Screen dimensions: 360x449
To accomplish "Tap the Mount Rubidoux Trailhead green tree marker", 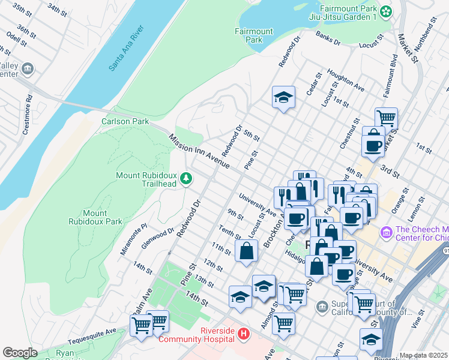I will coord(186,178).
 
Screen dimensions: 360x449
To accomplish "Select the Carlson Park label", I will coord(125,121).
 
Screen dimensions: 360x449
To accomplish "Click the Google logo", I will coord(20,352).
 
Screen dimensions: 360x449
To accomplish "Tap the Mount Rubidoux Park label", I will coord(103,217).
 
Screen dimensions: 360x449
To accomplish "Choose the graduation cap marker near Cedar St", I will coord(283,97).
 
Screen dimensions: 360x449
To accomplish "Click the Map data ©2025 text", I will coord(424,355).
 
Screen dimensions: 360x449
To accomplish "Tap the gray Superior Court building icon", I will coord(323,307).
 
